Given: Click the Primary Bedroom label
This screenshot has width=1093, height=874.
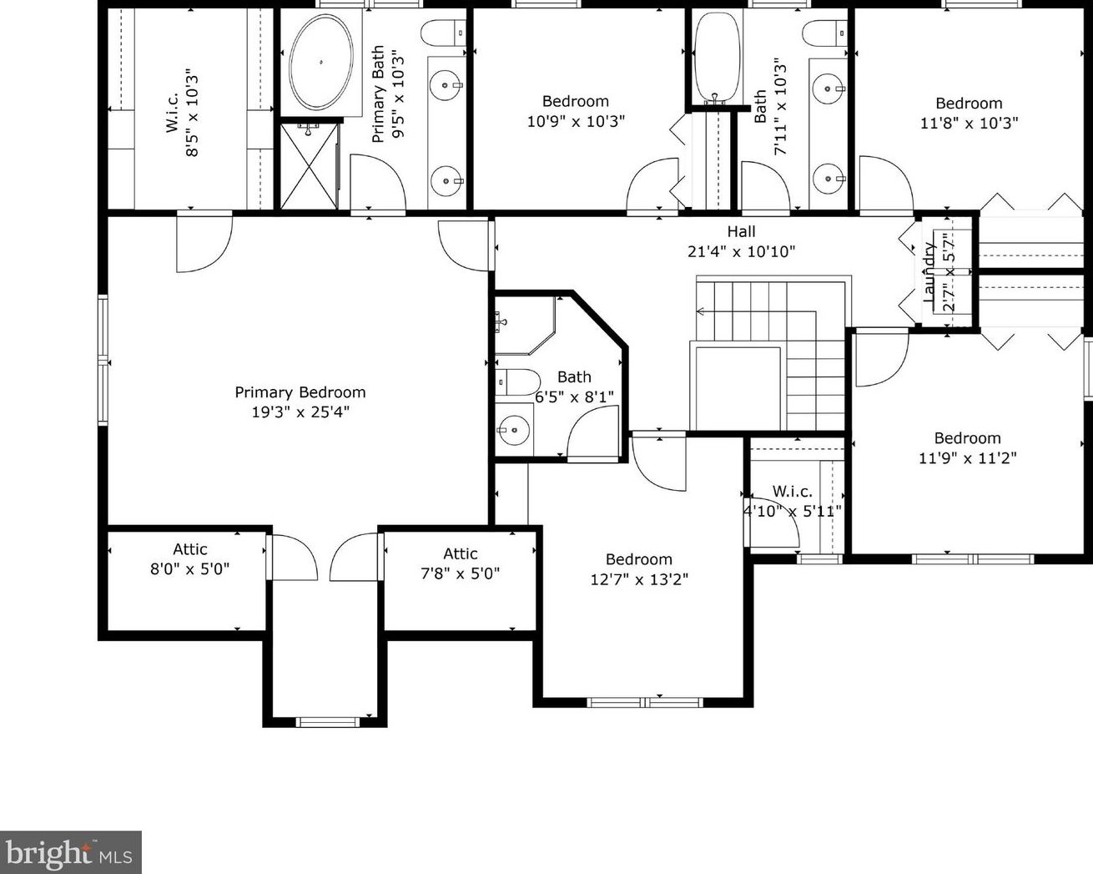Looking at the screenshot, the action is (300, 392).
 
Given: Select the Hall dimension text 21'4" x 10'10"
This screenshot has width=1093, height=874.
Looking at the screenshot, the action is (741, 251).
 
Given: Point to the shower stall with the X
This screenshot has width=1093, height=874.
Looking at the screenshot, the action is (309, 165).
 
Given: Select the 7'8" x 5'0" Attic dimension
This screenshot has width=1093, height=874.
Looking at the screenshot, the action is (461, 573).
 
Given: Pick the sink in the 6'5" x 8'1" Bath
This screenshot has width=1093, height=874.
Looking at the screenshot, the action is (514, 429).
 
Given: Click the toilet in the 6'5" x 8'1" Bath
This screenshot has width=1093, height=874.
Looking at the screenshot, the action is (517, 382).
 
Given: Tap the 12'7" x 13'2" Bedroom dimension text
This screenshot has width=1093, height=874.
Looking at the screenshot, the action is (639, 579).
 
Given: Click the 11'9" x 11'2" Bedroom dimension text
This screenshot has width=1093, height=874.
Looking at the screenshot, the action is (968, 457).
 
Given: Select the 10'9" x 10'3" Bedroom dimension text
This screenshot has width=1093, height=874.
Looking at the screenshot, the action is (576, 121).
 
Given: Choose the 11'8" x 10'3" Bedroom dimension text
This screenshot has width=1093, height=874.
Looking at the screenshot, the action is (969, 123).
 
